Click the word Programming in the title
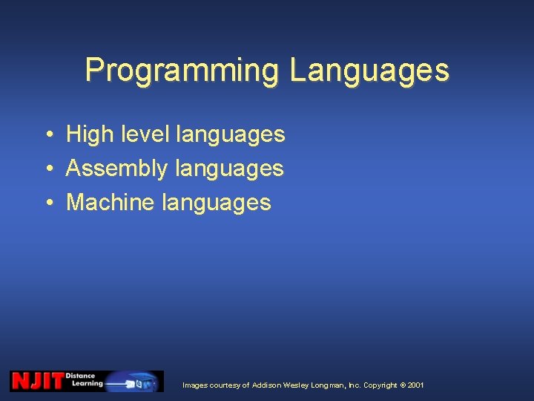[182, 71]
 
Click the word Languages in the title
[369, 71]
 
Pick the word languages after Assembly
[229, 169]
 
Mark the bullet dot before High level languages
[47, 135]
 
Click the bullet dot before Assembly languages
[47, 169]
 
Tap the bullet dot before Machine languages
[47, 203]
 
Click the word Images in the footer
[194, 385]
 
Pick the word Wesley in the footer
[297, 385]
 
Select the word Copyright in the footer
[380, 385]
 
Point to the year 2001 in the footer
[416, 385]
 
